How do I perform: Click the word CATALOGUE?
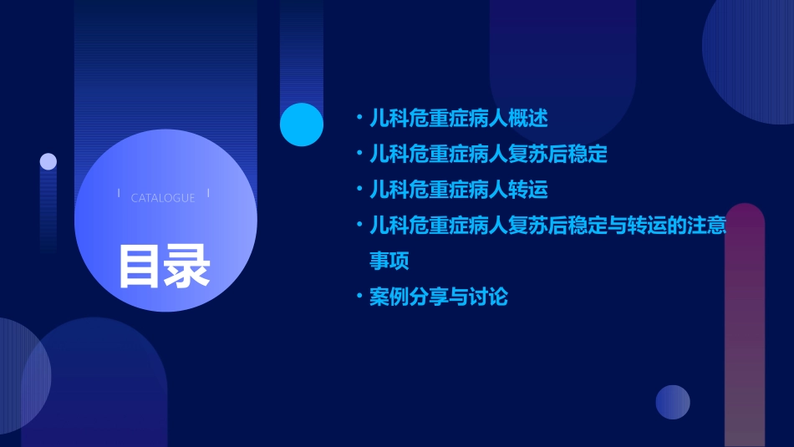[163, 198]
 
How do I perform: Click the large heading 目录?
[164, 265]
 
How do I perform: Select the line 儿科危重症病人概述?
[459, 119]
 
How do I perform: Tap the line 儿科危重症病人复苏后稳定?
[488, 155]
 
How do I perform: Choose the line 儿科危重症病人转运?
[459, 190]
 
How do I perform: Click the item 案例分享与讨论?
[439, 297]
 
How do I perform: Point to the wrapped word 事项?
[389, 261]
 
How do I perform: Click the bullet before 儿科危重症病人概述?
[359, 119]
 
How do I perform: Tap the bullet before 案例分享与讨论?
[359, 297]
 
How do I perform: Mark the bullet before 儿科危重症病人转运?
[359, 190]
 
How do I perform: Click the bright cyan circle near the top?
[302, 124]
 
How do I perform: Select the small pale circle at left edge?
[48, 161]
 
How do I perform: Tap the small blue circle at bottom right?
[673, 402]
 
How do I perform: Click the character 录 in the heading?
[187, 265]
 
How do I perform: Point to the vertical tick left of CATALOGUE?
[119, 194]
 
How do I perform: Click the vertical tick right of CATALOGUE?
[208, 194]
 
